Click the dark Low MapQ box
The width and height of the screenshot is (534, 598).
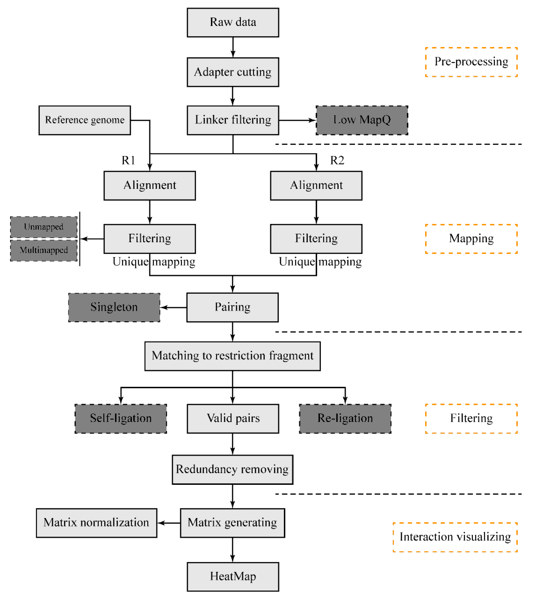[362, 120]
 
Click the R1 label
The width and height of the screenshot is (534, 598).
[128, 160]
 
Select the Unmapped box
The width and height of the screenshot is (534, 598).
[44, 227]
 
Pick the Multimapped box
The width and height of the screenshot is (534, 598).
[44, 250]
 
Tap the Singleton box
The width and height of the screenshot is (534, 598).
[114, 307]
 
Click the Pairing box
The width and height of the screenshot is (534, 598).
[232, 307]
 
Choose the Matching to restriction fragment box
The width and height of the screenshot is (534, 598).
[232, 356]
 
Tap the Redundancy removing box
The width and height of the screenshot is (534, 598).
[232, 469]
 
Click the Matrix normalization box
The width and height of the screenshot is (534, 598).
[97, 523]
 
